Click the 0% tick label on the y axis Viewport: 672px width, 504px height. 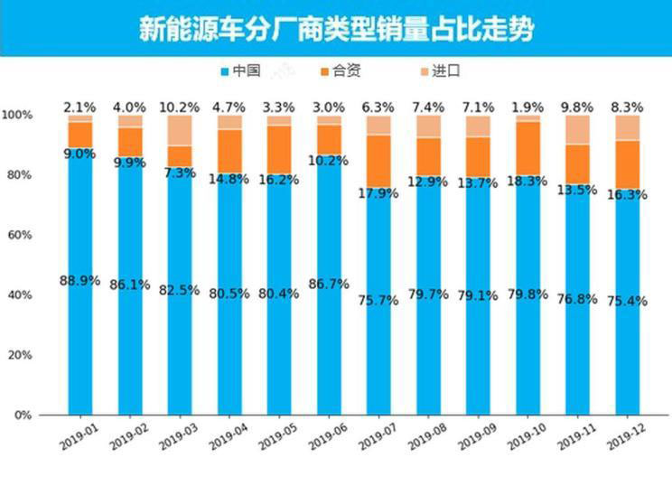[21, 415]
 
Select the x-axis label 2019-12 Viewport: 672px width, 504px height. [627, 437]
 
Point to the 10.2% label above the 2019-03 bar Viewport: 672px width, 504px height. [180, 107]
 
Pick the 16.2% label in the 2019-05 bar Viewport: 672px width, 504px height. [279, 180]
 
